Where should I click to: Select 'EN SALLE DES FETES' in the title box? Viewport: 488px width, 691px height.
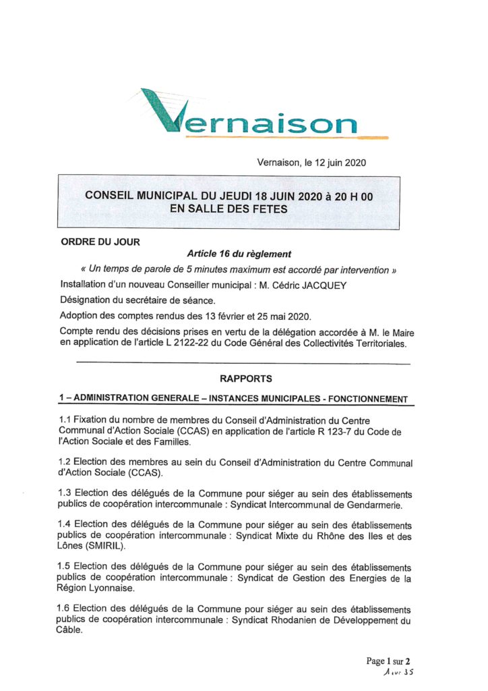(x=228, y=209)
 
